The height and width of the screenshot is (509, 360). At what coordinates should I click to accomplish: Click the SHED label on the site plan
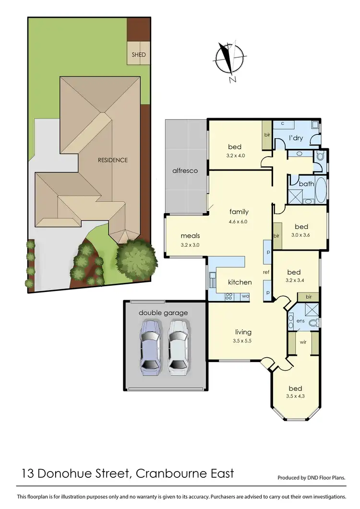click(139, 55)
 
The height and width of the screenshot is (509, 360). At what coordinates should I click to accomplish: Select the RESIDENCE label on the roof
click(113, 160)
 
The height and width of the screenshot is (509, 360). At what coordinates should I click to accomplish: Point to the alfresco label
click(185, 170)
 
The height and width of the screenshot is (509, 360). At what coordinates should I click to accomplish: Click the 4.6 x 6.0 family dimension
click(239, 221)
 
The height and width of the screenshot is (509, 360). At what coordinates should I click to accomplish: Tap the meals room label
click(190, 236)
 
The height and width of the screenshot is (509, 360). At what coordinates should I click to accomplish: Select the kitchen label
click(240, 282)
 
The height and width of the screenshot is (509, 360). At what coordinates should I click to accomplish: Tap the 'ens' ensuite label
click(300, 320)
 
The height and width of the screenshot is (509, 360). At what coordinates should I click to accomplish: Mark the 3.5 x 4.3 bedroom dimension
click(295, 397)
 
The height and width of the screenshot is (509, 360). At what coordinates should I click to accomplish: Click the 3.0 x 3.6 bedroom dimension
click(301, 235)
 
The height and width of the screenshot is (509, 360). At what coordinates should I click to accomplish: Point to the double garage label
click(163, 313)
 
